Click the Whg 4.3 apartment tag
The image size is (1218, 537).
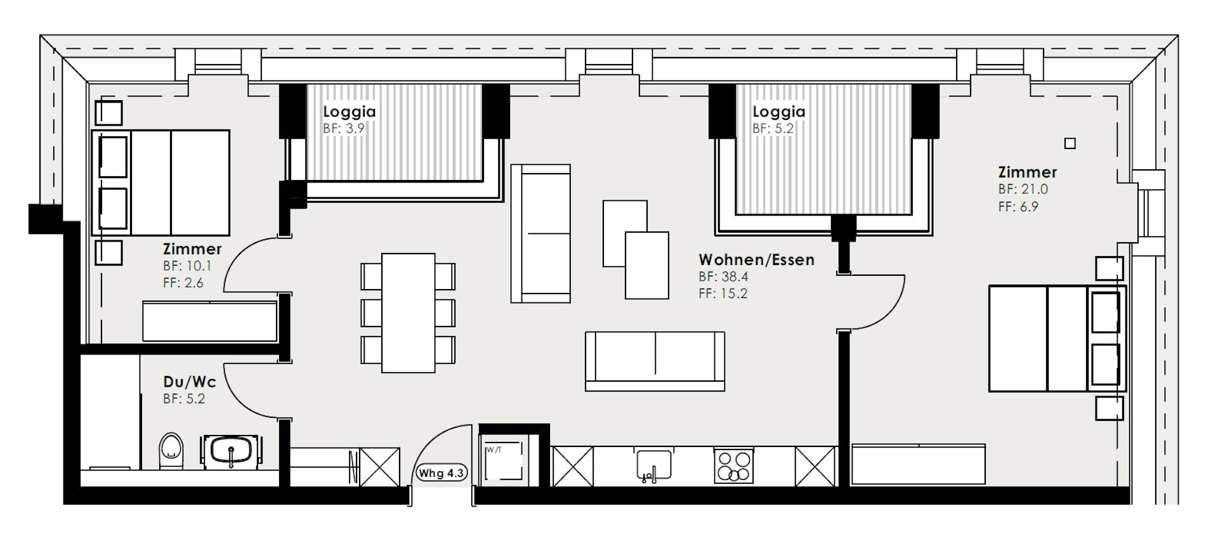tap(442, 473)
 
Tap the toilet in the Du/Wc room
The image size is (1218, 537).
tap(171, 451)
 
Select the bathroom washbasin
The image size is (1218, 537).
tap(231, 451)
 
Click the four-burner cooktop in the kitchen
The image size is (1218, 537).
tap(734, 466)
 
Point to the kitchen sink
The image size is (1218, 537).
tap(653, 465)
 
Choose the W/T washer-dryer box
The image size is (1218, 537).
tap(503, 463)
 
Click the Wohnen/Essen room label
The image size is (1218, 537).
tap(756, 259)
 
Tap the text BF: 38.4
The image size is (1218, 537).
tap(724, 276)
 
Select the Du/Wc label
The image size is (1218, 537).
tap(190, 382)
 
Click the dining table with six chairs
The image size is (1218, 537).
tap(408, 313)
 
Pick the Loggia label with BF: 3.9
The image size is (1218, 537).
tap(350, 112)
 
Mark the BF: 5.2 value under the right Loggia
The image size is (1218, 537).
tap(773, 128)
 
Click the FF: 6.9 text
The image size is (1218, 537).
tap(1018, 206)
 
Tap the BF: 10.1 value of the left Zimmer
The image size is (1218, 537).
tap(187, 266)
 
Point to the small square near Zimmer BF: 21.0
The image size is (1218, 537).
tap(1070, 144)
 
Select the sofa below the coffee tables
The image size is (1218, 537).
tap(655, 361)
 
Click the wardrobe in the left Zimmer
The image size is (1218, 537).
tap(210, 321)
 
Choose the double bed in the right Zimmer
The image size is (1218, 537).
tap(1057, 339)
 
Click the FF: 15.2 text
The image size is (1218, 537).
tap(723, 294)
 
